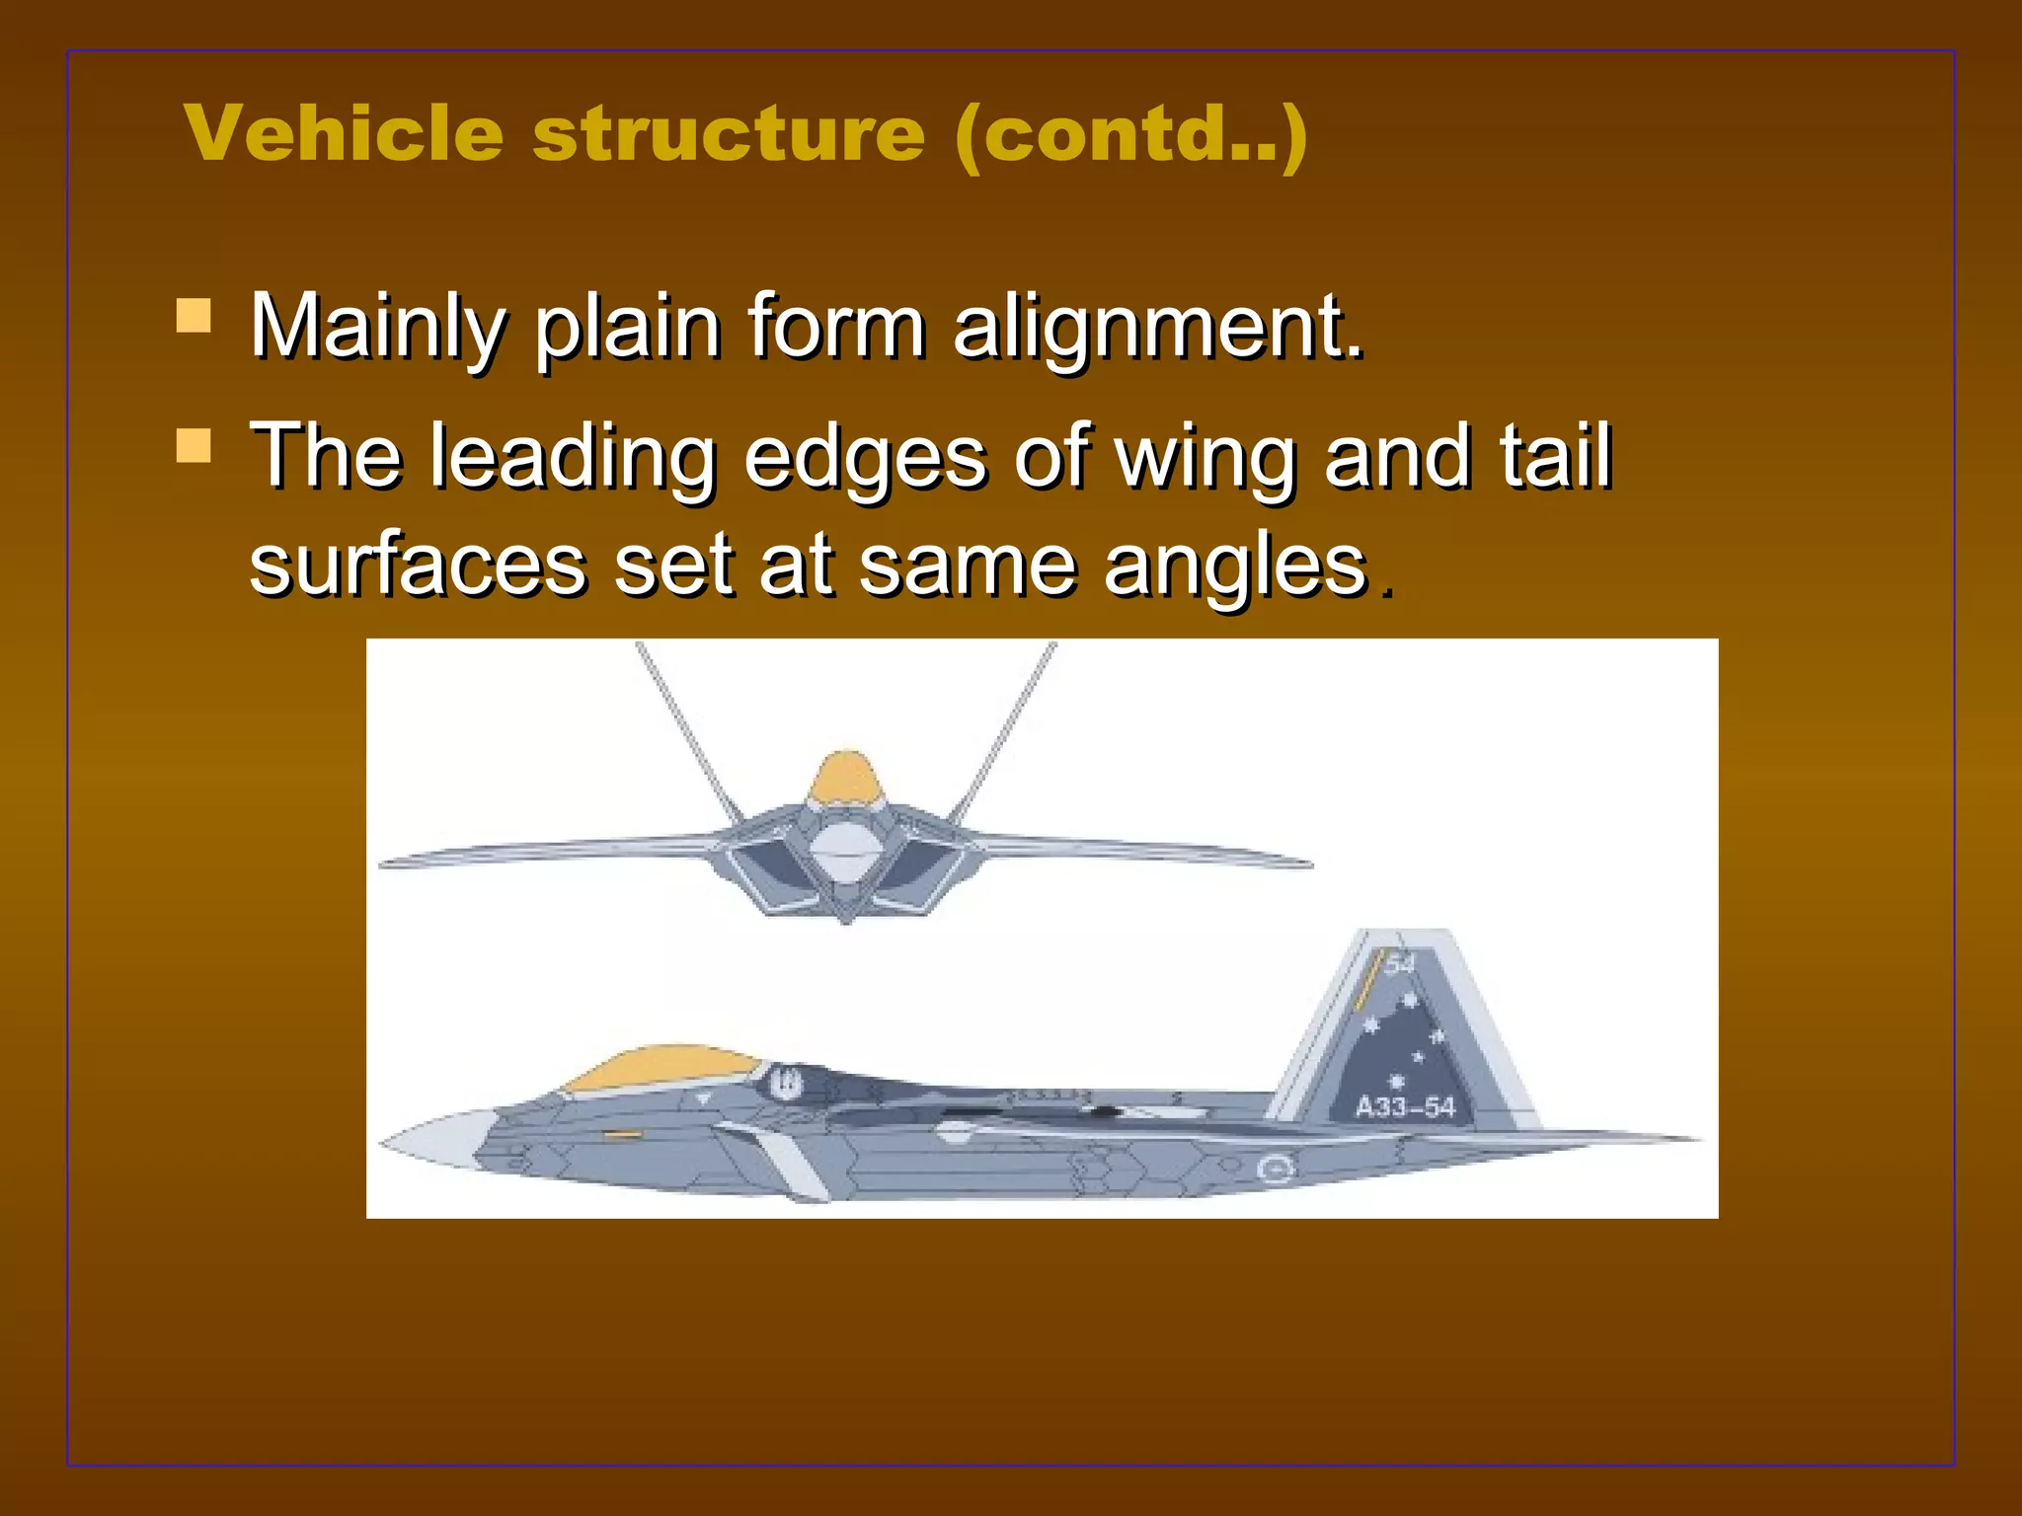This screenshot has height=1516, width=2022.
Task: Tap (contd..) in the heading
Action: pyautogui.click(x=1131, y=134)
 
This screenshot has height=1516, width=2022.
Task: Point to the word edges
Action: pyautogui.click(x=865, y=457)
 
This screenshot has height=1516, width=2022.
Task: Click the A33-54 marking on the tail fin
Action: pyautogui.click(x=1405, y=1106)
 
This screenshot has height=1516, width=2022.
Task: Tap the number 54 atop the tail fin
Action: pyautogui.click(x=1400, y=963)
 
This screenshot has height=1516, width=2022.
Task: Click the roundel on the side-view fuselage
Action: pyautogui.click(x=1275, y=1171)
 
